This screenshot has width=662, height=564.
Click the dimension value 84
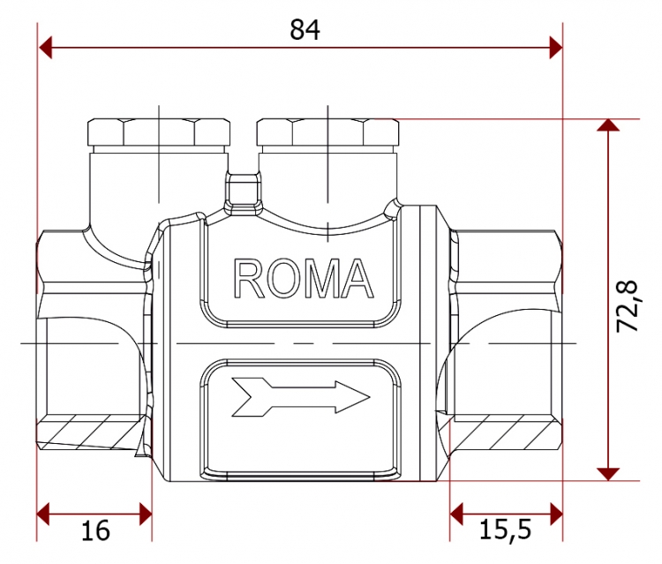point(305,29)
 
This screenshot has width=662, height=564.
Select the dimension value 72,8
point(627,306)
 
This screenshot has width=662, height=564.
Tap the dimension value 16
point(95,530)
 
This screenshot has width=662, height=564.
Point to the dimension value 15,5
point(506,530)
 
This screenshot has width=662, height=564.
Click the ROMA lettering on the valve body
point(304,279)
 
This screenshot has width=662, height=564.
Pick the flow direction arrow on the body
point(301,397)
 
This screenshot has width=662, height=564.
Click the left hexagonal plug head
point(159,132)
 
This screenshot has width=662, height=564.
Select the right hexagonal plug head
point(328,132)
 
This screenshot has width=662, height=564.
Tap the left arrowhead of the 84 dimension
point(45,48)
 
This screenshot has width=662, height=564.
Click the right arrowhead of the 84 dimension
point(556,48)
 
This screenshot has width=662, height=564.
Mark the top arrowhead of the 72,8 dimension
point(608,125)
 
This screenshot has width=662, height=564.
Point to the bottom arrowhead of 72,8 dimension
point(608,474)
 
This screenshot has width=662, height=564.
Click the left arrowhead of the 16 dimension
point(43,515)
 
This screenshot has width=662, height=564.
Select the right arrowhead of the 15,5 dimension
point(556,515)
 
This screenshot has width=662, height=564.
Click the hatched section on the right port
point(505,432)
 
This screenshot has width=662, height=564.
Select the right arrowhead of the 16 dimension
point(146,515)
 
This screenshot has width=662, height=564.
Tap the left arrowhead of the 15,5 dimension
point(456,515)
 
